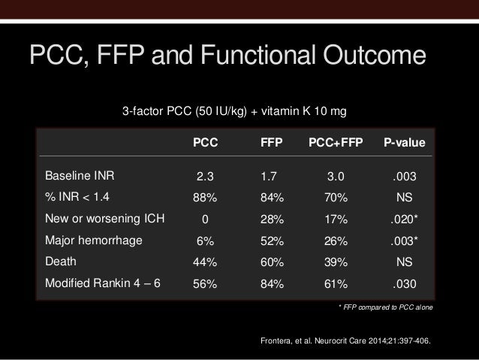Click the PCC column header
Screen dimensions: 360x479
point(205,142)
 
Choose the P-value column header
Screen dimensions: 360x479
point(405,142)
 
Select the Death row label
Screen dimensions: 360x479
point(61,262)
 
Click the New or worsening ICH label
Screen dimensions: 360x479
point(105,219)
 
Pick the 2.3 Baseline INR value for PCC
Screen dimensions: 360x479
point(205,178)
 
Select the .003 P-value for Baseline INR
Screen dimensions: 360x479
point(405,178)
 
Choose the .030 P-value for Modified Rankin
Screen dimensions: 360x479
point(405,284)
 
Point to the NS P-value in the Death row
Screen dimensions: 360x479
point(405,263)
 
